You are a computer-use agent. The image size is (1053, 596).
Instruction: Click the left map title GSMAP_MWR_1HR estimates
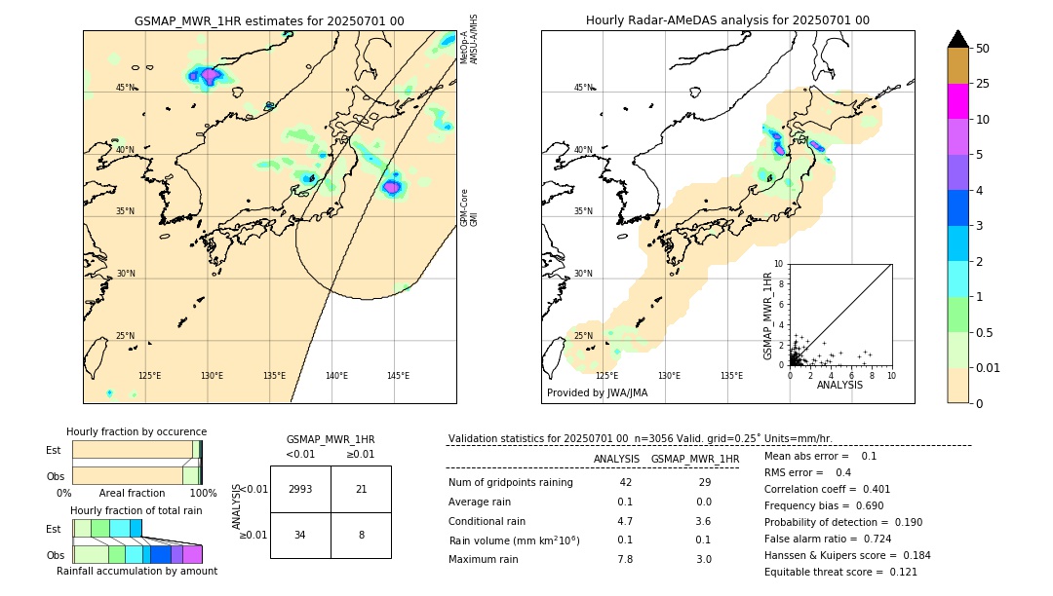point(269,20)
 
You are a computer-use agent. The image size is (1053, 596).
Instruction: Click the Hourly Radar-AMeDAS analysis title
point(727,20)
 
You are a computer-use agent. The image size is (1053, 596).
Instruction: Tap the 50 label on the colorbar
point(983,49)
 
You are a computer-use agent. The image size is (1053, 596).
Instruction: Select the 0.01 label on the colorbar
point(989,367)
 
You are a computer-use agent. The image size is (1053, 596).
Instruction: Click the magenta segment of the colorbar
point(958,101)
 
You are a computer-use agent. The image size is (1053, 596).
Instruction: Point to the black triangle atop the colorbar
point(958,39)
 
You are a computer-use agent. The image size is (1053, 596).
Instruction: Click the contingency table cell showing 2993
point(300,489)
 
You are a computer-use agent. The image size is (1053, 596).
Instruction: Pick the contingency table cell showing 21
point(361,489)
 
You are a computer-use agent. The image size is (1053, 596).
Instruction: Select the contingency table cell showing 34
point(300,535)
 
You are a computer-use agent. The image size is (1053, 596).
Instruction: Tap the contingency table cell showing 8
point(361,535)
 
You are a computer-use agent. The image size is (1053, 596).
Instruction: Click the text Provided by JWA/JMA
point(597,393)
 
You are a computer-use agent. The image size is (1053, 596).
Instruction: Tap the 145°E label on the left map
point(398,376)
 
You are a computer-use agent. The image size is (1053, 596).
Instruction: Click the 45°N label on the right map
point(583,88)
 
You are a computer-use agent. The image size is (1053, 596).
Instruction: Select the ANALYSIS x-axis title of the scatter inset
point(839,385)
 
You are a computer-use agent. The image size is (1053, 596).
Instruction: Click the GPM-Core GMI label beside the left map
point(469,207)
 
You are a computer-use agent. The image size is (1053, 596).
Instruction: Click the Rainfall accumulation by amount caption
point(136,572)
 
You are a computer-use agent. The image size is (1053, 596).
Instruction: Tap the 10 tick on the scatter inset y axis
point(779,264)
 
